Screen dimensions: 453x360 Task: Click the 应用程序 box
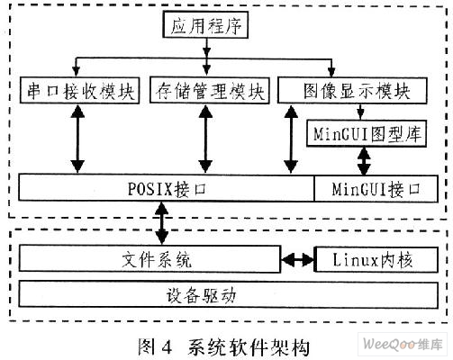tap(205, 24)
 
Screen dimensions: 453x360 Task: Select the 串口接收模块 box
tap(79, 90)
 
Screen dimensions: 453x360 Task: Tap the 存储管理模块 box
tap(210, 90)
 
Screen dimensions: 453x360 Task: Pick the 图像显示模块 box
tap(352, 90)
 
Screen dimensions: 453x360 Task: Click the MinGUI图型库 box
tap(367, 133)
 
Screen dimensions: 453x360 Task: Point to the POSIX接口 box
tap(167, 188)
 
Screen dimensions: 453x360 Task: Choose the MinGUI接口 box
tap(376, 189)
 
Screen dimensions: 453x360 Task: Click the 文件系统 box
tap(149, 259)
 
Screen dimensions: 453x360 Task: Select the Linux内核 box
tap(376, 259)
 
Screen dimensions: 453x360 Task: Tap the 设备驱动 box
tap(228, 294)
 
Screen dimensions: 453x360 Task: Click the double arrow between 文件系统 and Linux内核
tap(297, 259)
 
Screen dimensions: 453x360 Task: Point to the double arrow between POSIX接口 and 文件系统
tap(162, 223)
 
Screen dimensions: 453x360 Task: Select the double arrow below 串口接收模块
tap(77, 139)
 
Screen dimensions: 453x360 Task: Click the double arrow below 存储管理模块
tap(205, 139)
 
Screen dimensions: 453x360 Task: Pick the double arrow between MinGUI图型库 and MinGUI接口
tap(364, 161)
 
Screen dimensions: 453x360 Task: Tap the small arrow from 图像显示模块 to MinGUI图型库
tap(360, 112)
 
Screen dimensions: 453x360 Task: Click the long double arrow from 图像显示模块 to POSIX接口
tap(291, 139)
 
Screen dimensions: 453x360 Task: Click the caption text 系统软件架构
tap(249, 347)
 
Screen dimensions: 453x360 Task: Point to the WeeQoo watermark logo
tap(403, 344)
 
